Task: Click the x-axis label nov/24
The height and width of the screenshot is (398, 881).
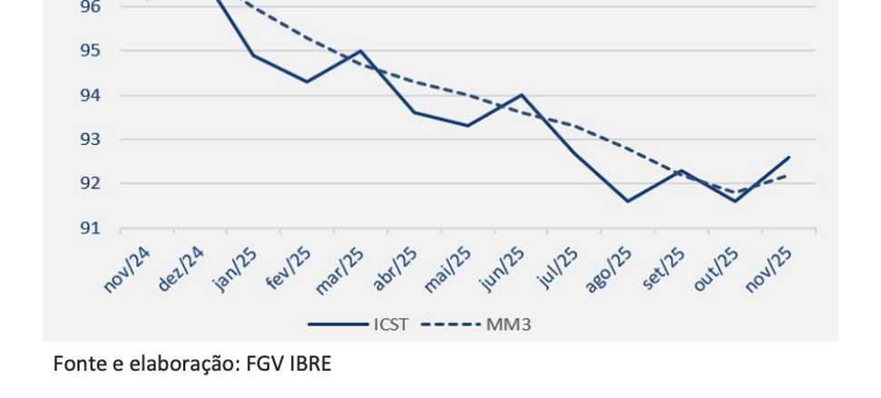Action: click(127, 270)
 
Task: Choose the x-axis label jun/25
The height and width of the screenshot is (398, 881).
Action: click(503, 270)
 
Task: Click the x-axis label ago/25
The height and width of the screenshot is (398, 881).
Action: click(609, 270)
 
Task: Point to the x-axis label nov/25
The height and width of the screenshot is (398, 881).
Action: click(769, 270)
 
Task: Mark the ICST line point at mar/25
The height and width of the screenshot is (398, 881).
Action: click(360, 51)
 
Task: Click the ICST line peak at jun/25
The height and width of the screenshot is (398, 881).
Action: click(522, 94)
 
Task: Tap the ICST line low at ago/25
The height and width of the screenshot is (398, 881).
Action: click(628, 201)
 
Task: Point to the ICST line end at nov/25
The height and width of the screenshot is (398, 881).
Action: click(788, 157)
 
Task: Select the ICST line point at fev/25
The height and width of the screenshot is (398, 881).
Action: click(307, 82)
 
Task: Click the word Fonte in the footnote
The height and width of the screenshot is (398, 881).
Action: click(76, 364)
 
